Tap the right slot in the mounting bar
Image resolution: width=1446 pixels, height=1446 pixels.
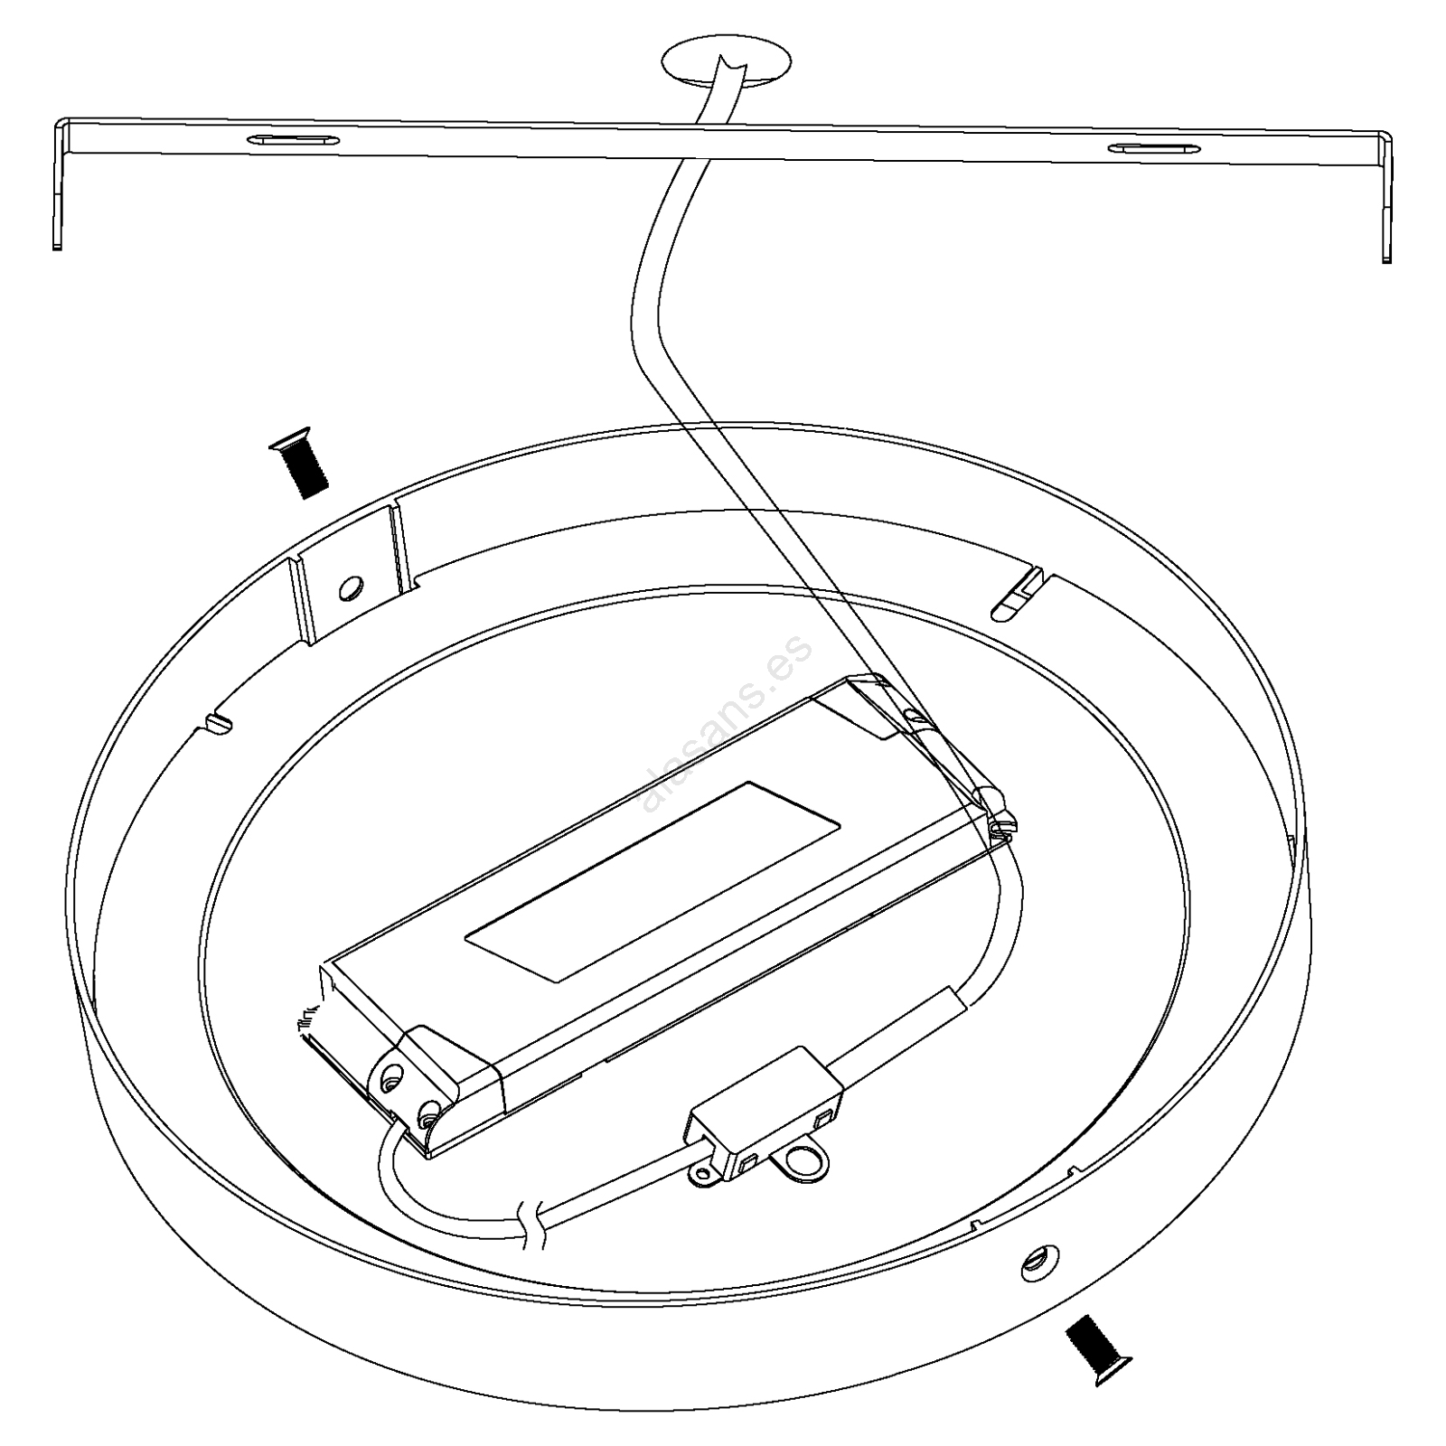(1154, 151)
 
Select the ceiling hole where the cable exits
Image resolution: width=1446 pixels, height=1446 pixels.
(727, 64)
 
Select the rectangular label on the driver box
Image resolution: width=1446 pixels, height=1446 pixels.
(654, 882)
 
